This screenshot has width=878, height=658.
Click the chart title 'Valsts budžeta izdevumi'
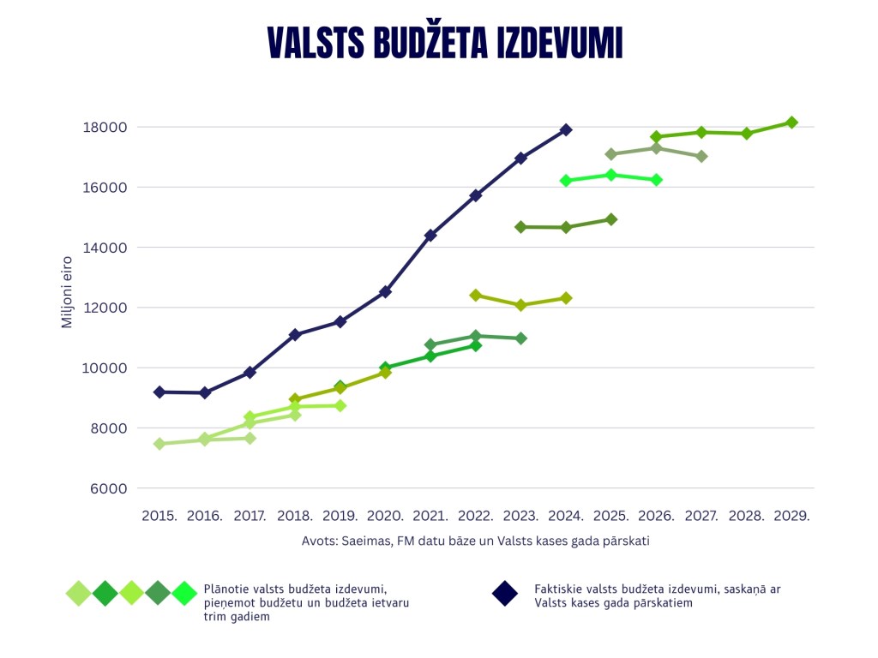point(444,43)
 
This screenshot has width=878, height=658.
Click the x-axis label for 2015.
point(159,517)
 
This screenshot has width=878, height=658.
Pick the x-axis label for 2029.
point(791,517)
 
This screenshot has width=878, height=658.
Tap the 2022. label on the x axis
point(476,517)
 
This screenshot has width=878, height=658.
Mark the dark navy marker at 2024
point(566,130)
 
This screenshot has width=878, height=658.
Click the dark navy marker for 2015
point(159,392)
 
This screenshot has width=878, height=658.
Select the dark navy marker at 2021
point(430,235)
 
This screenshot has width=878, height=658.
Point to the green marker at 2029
point(791,123)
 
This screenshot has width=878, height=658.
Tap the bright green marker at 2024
point(566,181)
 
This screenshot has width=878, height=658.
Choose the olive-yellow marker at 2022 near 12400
point(476,296)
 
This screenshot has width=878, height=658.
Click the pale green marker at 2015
point(159,444)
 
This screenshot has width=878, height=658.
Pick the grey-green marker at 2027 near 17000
point(701,156)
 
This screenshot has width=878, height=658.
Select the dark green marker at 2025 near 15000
point(611,219)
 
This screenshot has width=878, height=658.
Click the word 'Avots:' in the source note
point(319,541)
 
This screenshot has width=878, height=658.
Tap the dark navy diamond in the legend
point(504,593)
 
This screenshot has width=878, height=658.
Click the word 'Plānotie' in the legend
point(226,589)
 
